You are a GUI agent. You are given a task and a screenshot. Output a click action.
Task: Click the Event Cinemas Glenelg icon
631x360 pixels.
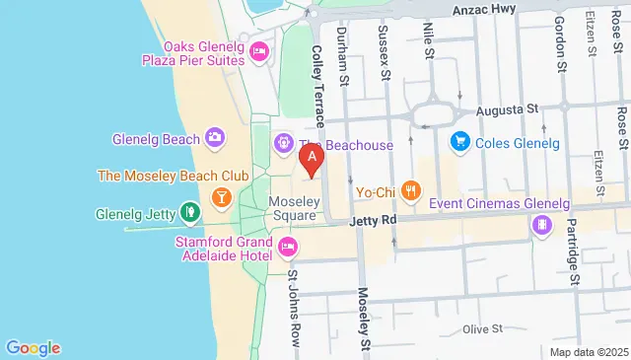[x=541, y=226]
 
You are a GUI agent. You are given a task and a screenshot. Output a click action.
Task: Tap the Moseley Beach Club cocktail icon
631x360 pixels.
[x=223, y=195]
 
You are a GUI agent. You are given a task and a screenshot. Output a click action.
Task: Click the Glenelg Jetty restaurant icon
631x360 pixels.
[x=190, y=212]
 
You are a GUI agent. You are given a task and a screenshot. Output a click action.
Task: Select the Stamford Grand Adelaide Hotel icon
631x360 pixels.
[x=288, y=246]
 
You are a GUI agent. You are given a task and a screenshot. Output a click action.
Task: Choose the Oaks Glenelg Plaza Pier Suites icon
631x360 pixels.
[x=259, y=51]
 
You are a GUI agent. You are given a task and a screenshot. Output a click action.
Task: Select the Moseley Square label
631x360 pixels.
[x=293, y=208]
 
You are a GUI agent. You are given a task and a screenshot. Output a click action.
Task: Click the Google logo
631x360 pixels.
[x=33, y=347]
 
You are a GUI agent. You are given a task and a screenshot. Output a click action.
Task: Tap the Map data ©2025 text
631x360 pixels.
[x=589, y=352]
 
